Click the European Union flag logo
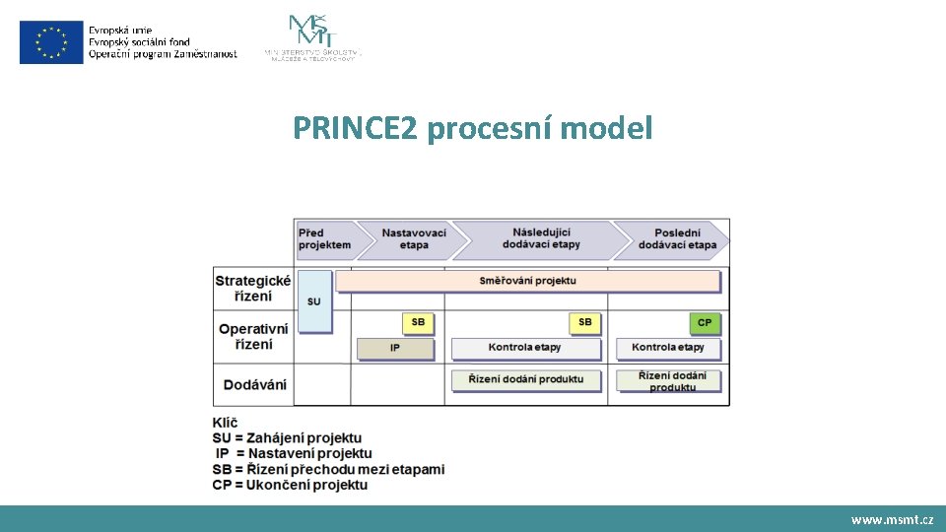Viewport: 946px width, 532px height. click(x=51, y=41)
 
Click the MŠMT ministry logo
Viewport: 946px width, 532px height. click(x=312, y=37)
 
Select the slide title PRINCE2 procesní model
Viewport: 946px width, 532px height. click(x=472, y=128)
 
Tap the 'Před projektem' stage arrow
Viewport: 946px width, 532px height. click(x=324, y=238)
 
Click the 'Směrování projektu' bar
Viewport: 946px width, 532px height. click(x=527, y=281)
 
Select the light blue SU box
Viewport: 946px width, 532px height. click(x=313, y=300)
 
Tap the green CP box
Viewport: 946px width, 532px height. click(x=705, y=322)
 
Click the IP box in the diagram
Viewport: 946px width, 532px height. click(x=394, y=348)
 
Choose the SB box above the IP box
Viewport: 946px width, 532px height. click(x=418, y=322)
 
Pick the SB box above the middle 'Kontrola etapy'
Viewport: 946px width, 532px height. click(x=584, y=322)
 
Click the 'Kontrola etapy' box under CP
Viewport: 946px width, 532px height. click(x=668, y=348)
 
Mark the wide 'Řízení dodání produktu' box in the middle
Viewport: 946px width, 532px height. click(x=526, y=379)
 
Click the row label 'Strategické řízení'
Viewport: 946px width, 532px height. click(x=252, y=288)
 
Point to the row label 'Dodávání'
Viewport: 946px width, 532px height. click(x=254, y=384)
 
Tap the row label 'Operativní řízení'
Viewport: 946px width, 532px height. click(x=253, y=336)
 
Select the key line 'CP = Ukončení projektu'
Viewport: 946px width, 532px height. click(x=290, y=485)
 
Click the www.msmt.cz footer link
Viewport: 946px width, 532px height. click(x=892, y=519)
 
